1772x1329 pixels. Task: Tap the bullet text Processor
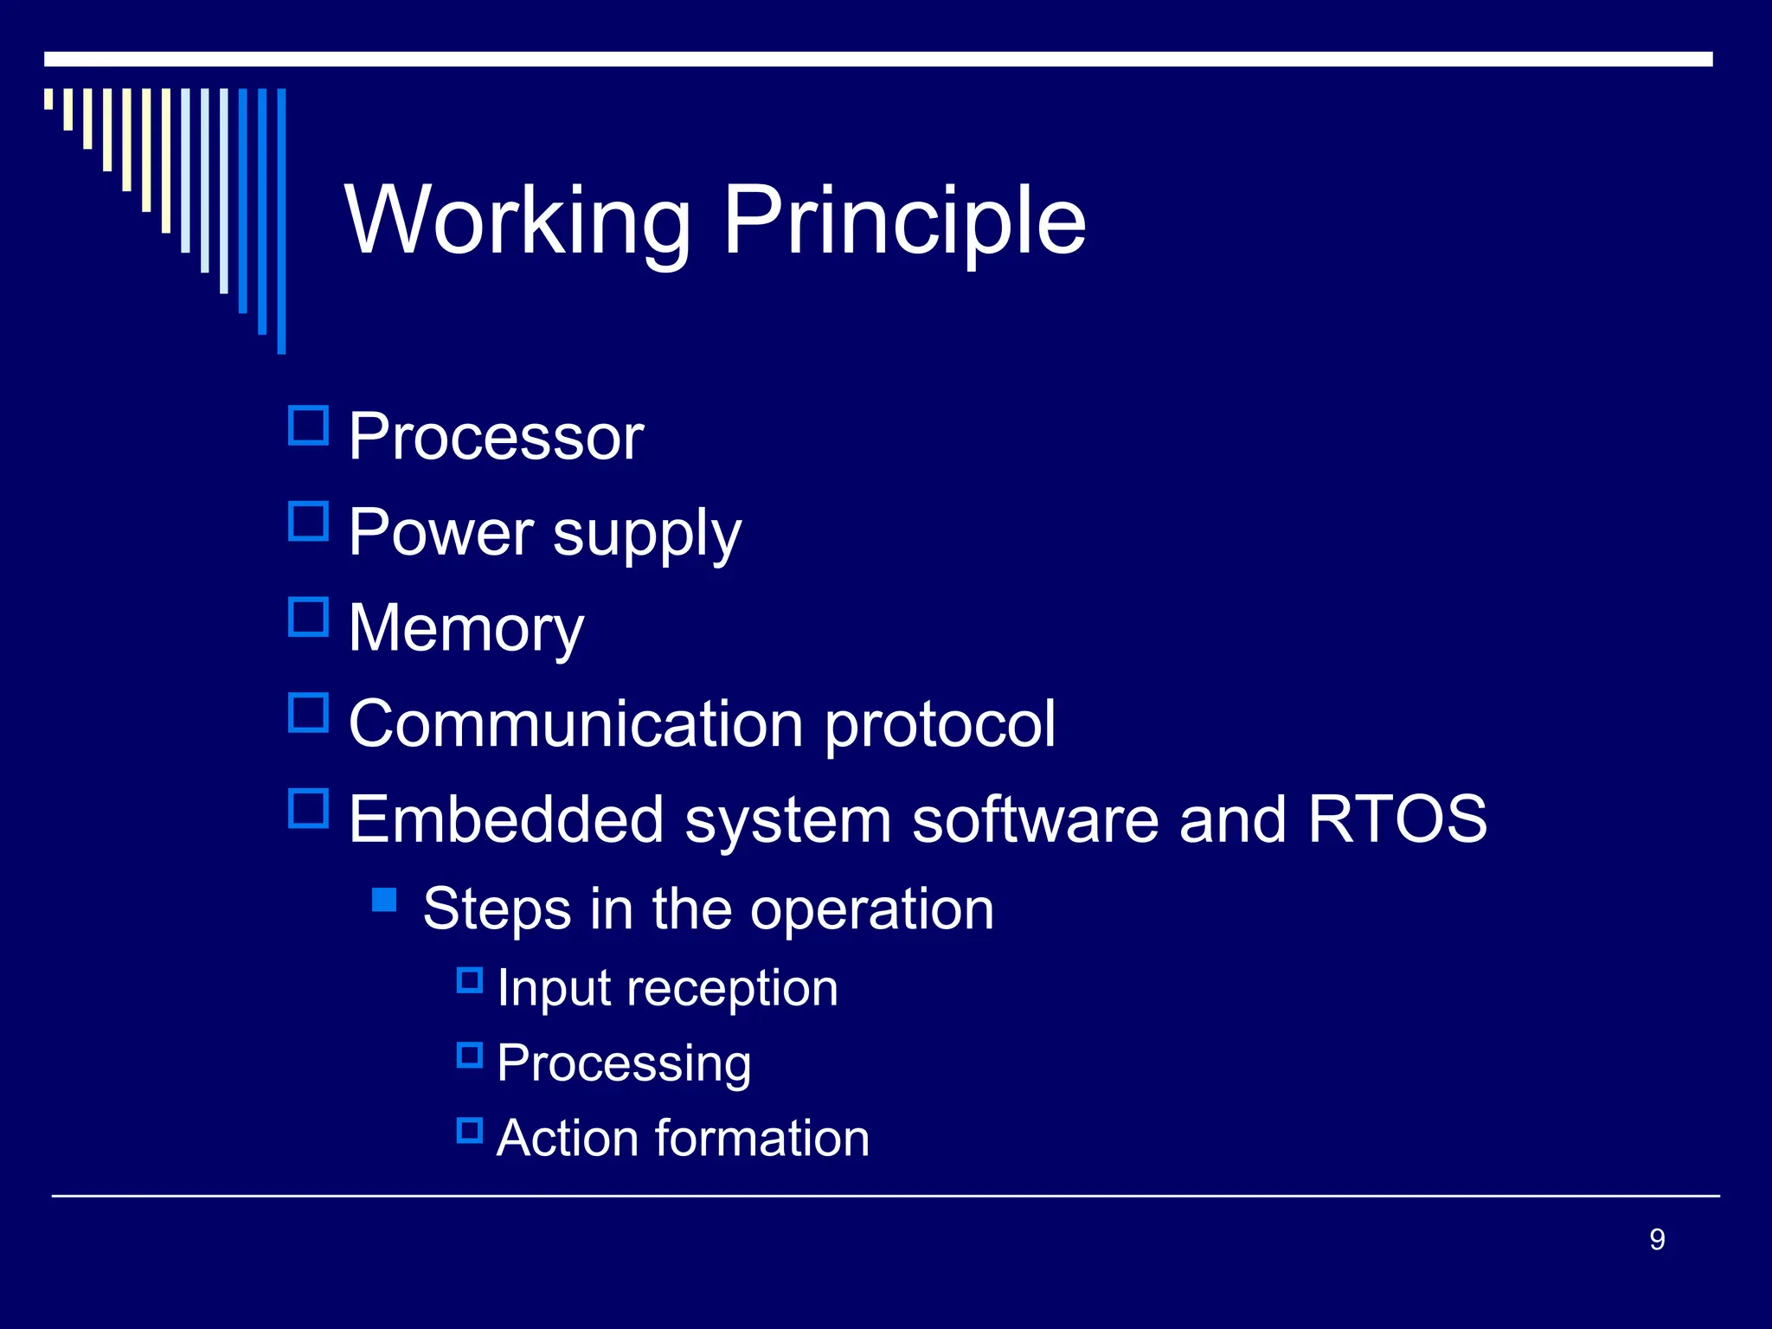[x=496, y=437]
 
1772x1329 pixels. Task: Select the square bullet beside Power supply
[x=308, y=522]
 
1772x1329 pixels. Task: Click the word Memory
[x=465, y=628]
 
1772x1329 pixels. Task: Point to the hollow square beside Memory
[x=308, y=618]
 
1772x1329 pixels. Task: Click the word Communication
[x=576, y=723]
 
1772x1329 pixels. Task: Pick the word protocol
[x=940, y=723]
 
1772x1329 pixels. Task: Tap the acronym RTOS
[x=1396, y=819]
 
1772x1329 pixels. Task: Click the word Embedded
[x=505, y=819]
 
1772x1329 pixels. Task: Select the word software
[x=1035, y=819]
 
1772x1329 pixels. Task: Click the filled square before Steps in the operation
[x=384, y=901]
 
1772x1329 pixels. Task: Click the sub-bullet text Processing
[x=624, y=1063]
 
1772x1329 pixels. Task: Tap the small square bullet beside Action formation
[x=469, y=1130]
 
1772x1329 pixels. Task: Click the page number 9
[x=1657, y=1240]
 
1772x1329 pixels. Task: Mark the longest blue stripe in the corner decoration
[x=281, y=221]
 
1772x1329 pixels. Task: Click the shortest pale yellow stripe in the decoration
[x=48, y=99]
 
